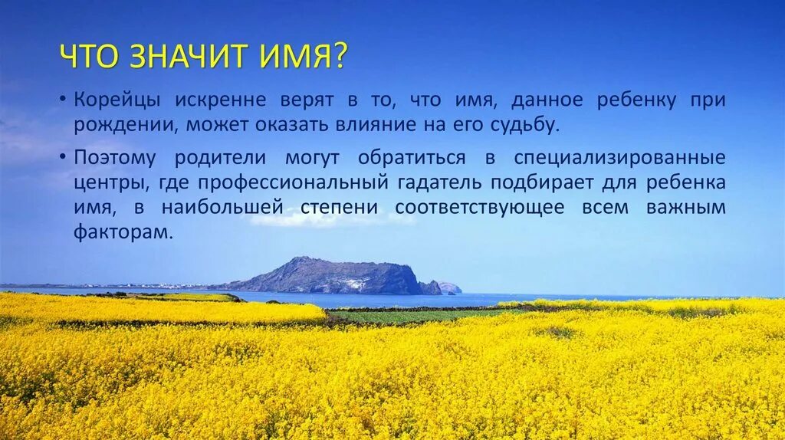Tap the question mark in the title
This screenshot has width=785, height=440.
coord(340,57)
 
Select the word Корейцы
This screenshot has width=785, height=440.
coord(117,100)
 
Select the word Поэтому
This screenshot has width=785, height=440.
coord(116,159)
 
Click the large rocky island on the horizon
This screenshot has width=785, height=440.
coord(330,277)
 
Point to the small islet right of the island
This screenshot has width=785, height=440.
coord(449,288)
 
